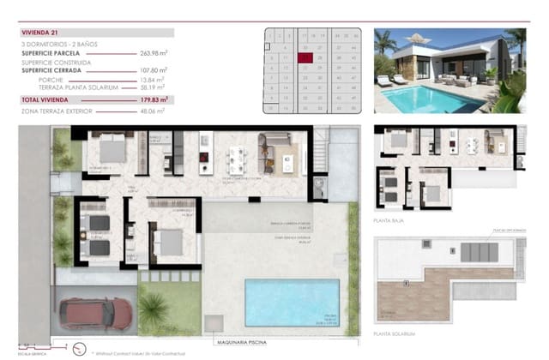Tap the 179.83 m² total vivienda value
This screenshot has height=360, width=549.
[155, 100]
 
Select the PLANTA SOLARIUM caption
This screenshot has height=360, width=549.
[395, 332]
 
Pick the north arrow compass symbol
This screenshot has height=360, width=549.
[79, 348]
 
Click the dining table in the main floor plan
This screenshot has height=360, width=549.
[236, 159]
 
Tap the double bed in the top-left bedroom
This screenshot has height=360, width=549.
[112, 151]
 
